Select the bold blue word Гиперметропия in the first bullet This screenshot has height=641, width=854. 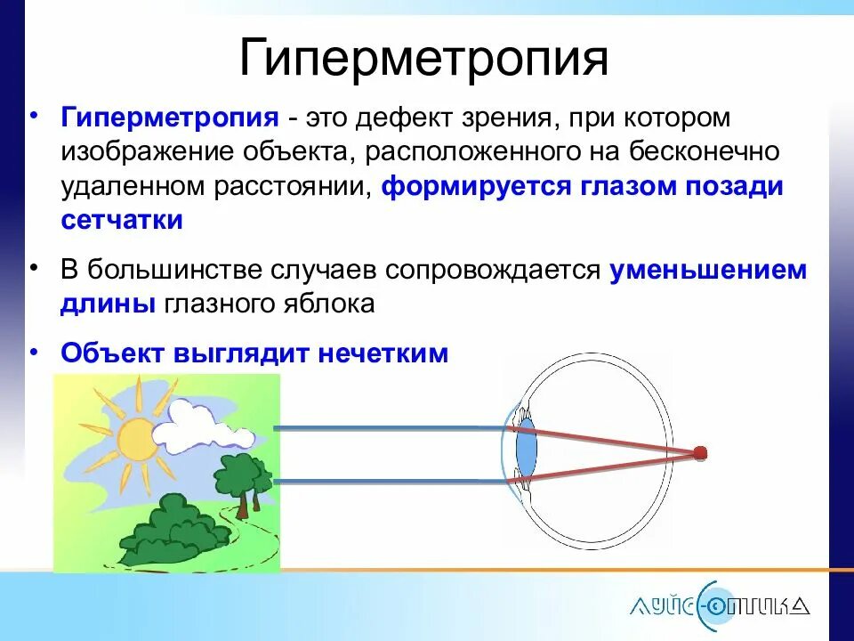(x=169, y=118)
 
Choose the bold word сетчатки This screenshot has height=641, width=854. (x=122, y=220)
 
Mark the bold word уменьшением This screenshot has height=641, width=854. (x=708, y=271)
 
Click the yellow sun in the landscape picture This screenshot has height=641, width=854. (x=135, y=438)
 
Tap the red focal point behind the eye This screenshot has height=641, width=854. (x=700, y=454)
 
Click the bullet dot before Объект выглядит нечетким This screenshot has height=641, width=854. (x=34, y=351)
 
